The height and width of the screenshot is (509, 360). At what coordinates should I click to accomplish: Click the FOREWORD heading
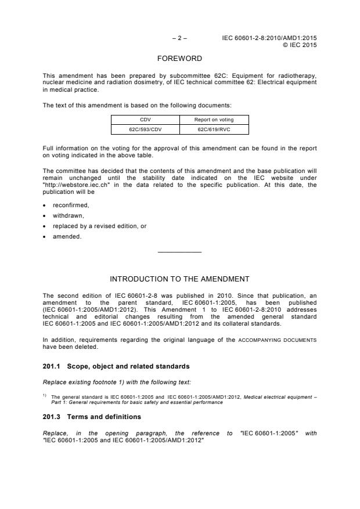(179, 59)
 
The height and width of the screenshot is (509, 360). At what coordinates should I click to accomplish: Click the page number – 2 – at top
(179, 38)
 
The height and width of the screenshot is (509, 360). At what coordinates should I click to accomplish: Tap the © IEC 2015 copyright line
(300, 44)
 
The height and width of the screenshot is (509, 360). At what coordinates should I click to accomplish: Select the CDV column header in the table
(145, 120)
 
